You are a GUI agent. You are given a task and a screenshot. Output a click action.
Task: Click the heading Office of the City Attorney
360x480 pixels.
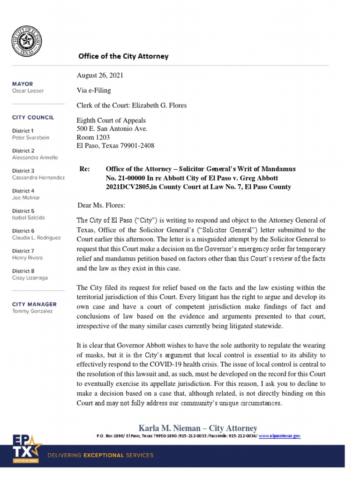pyautogui.click(x=123, y=56)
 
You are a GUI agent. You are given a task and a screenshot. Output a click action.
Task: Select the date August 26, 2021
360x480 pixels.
pyautogui.click(x=100, y=75)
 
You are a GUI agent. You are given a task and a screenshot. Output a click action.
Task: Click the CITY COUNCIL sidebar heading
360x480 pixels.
pyautogui.click(x=33, y=118)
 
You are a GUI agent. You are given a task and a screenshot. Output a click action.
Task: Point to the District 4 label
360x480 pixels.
pyautogui.click(x=23, y=191)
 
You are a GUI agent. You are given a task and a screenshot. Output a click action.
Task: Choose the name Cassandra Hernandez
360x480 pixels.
pyautogui.click(x=38, y=178)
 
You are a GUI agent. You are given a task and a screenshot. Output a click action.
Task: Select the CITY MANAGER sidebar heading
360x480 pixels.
pyautogui.click(x=34, y=304)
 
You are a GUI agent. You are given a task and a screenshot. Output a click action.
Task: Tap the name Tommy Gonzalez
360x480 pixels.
pyautogui.click(x=32, y=311)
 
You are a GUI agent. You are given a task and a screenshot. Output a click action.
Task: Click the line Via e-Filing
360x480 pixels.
pyautogui.click(x=94, y=90)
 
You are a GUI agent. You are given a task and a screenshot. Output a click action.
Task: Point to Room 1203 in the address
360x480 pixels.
pyautogui.click(x=93, y=137)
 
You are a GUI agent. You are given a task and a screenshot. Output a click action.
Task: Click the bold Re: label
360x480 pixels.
pyautogui.click(x=85, y=169)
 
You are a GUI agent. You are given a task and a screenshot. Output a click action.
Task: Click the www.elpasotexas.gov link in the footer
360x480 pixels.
pyautogui.click(x=279, y=436)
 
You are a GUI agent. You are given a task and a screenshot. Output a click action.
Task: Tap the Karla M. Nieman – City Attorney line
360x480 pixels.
pyautogui.click(x=198, y=428)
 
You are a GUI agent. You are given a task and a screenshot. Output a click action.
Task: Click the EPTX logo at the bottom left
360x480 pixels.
pyautogui.click(x=27, y=449)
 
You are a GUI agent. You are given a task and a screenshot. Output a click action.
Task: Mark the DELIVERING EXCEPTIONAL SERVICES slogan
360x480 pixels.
pyautogui.click(x=101, y=455)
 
